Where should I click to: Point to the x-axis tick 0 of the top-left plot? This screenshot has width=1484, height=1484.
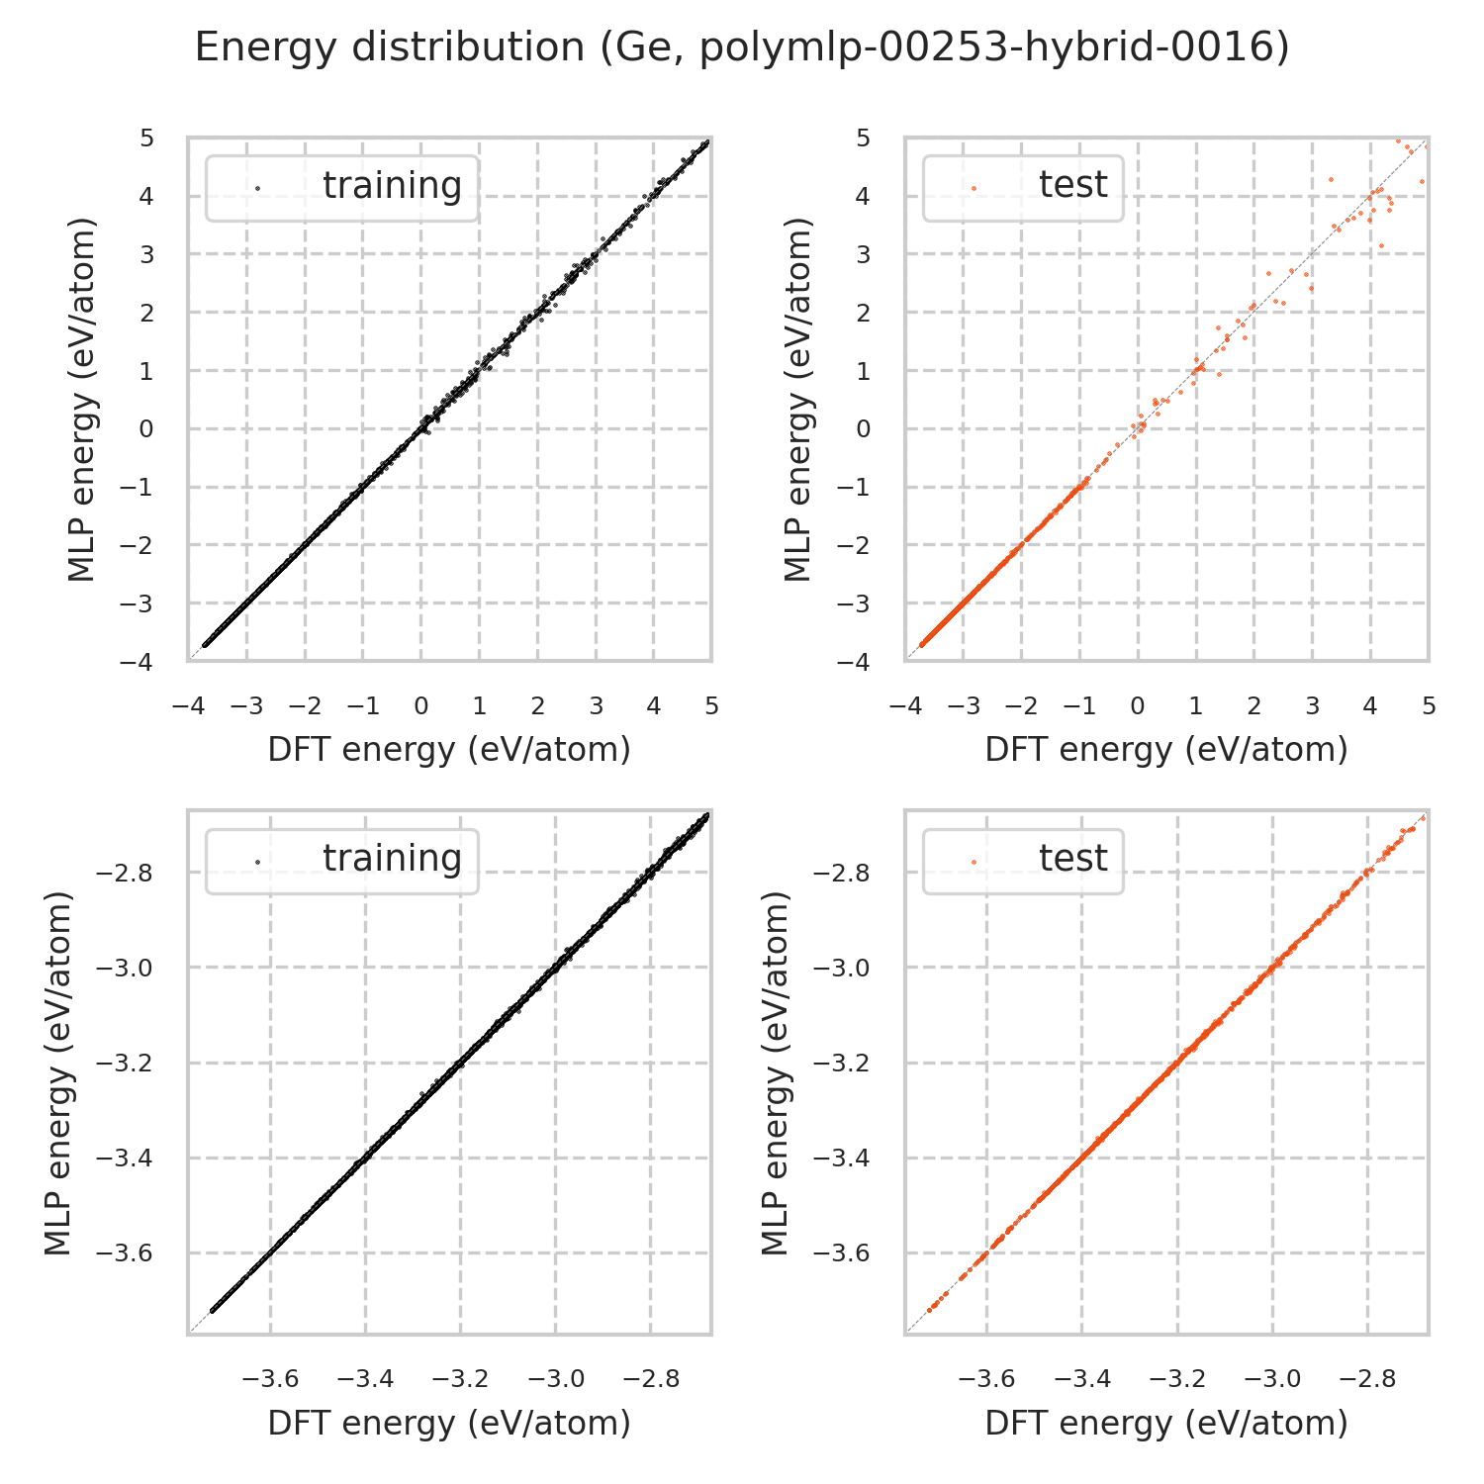(x=421, y=706)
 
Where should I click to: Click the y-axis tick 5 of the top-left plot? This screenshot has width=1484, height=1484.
(x=146, y=139)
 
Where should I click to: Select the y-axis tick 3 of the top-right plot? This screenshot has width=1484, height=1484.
(x=864, y=254)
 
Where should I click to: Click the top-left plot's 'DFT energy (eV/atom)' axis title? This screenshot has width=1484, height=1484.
(x=449, y=750)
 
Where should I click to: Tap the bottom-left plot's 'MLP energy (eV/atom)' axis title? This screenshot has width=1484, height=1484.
(x=59, y=1073)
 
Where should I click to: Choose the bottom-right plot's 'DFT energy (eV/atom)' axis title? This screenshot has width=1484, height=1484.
(x=1166, y=1423)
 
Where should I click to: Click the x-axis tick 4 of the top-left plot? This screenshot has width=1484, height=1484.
(x=654, y=706)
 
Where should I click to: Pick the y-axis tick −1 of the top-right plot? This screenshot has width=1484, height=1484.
(x=858, y=488)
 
